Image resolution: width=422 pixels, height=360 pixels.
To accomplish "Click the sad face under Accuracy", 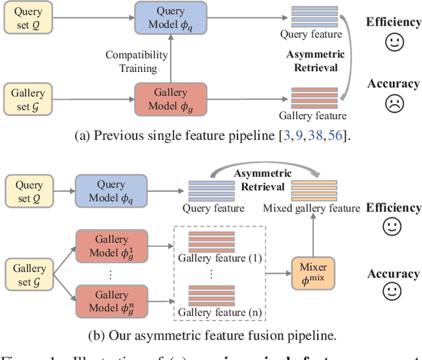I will pos(394,104).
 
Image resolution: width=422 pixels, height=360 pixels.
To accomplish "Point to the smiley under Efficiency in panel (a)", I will pos(394,43).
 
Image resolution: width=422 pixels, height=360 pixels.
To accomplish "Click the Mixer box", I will pos(314,273).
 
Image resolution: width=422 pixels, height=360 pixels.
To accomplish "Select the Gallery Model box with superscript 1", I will pos(102,246).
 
